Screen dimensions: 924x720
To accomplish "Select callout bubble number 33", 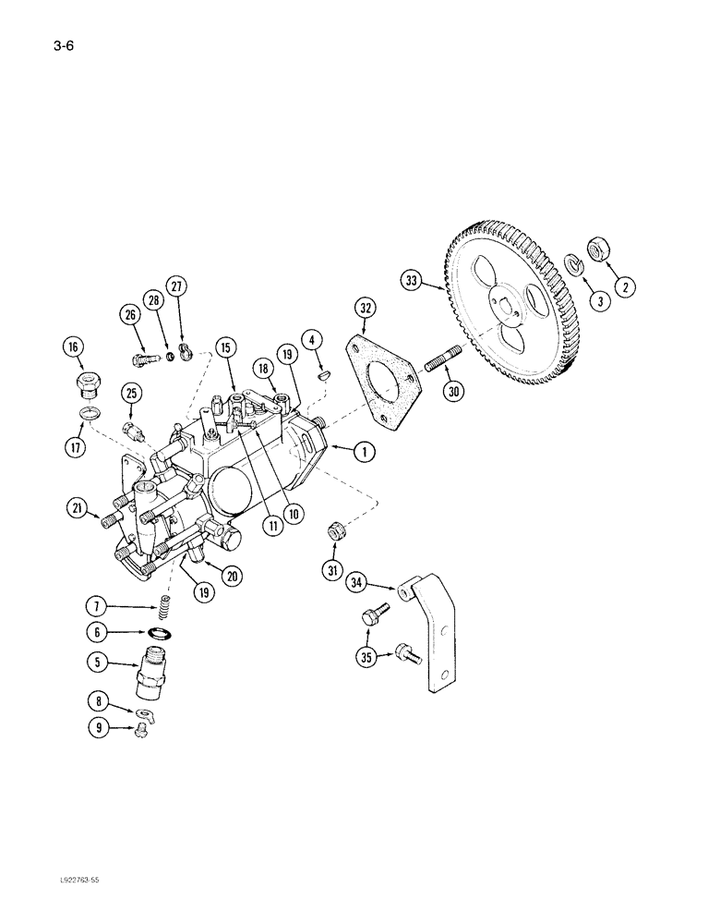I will (413, 278).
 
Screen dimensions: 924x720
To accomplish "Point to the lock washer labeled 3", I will (572, 266).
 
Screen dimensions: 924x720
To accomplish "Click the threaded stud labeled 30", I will (445, 356).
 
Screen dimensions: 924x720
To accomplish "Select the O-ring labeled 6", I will (161, 634).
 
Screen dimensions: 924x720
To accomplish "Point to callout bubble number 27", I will (177, 286).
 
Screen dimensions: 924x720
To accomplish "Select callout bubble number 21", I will (78, 507).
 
